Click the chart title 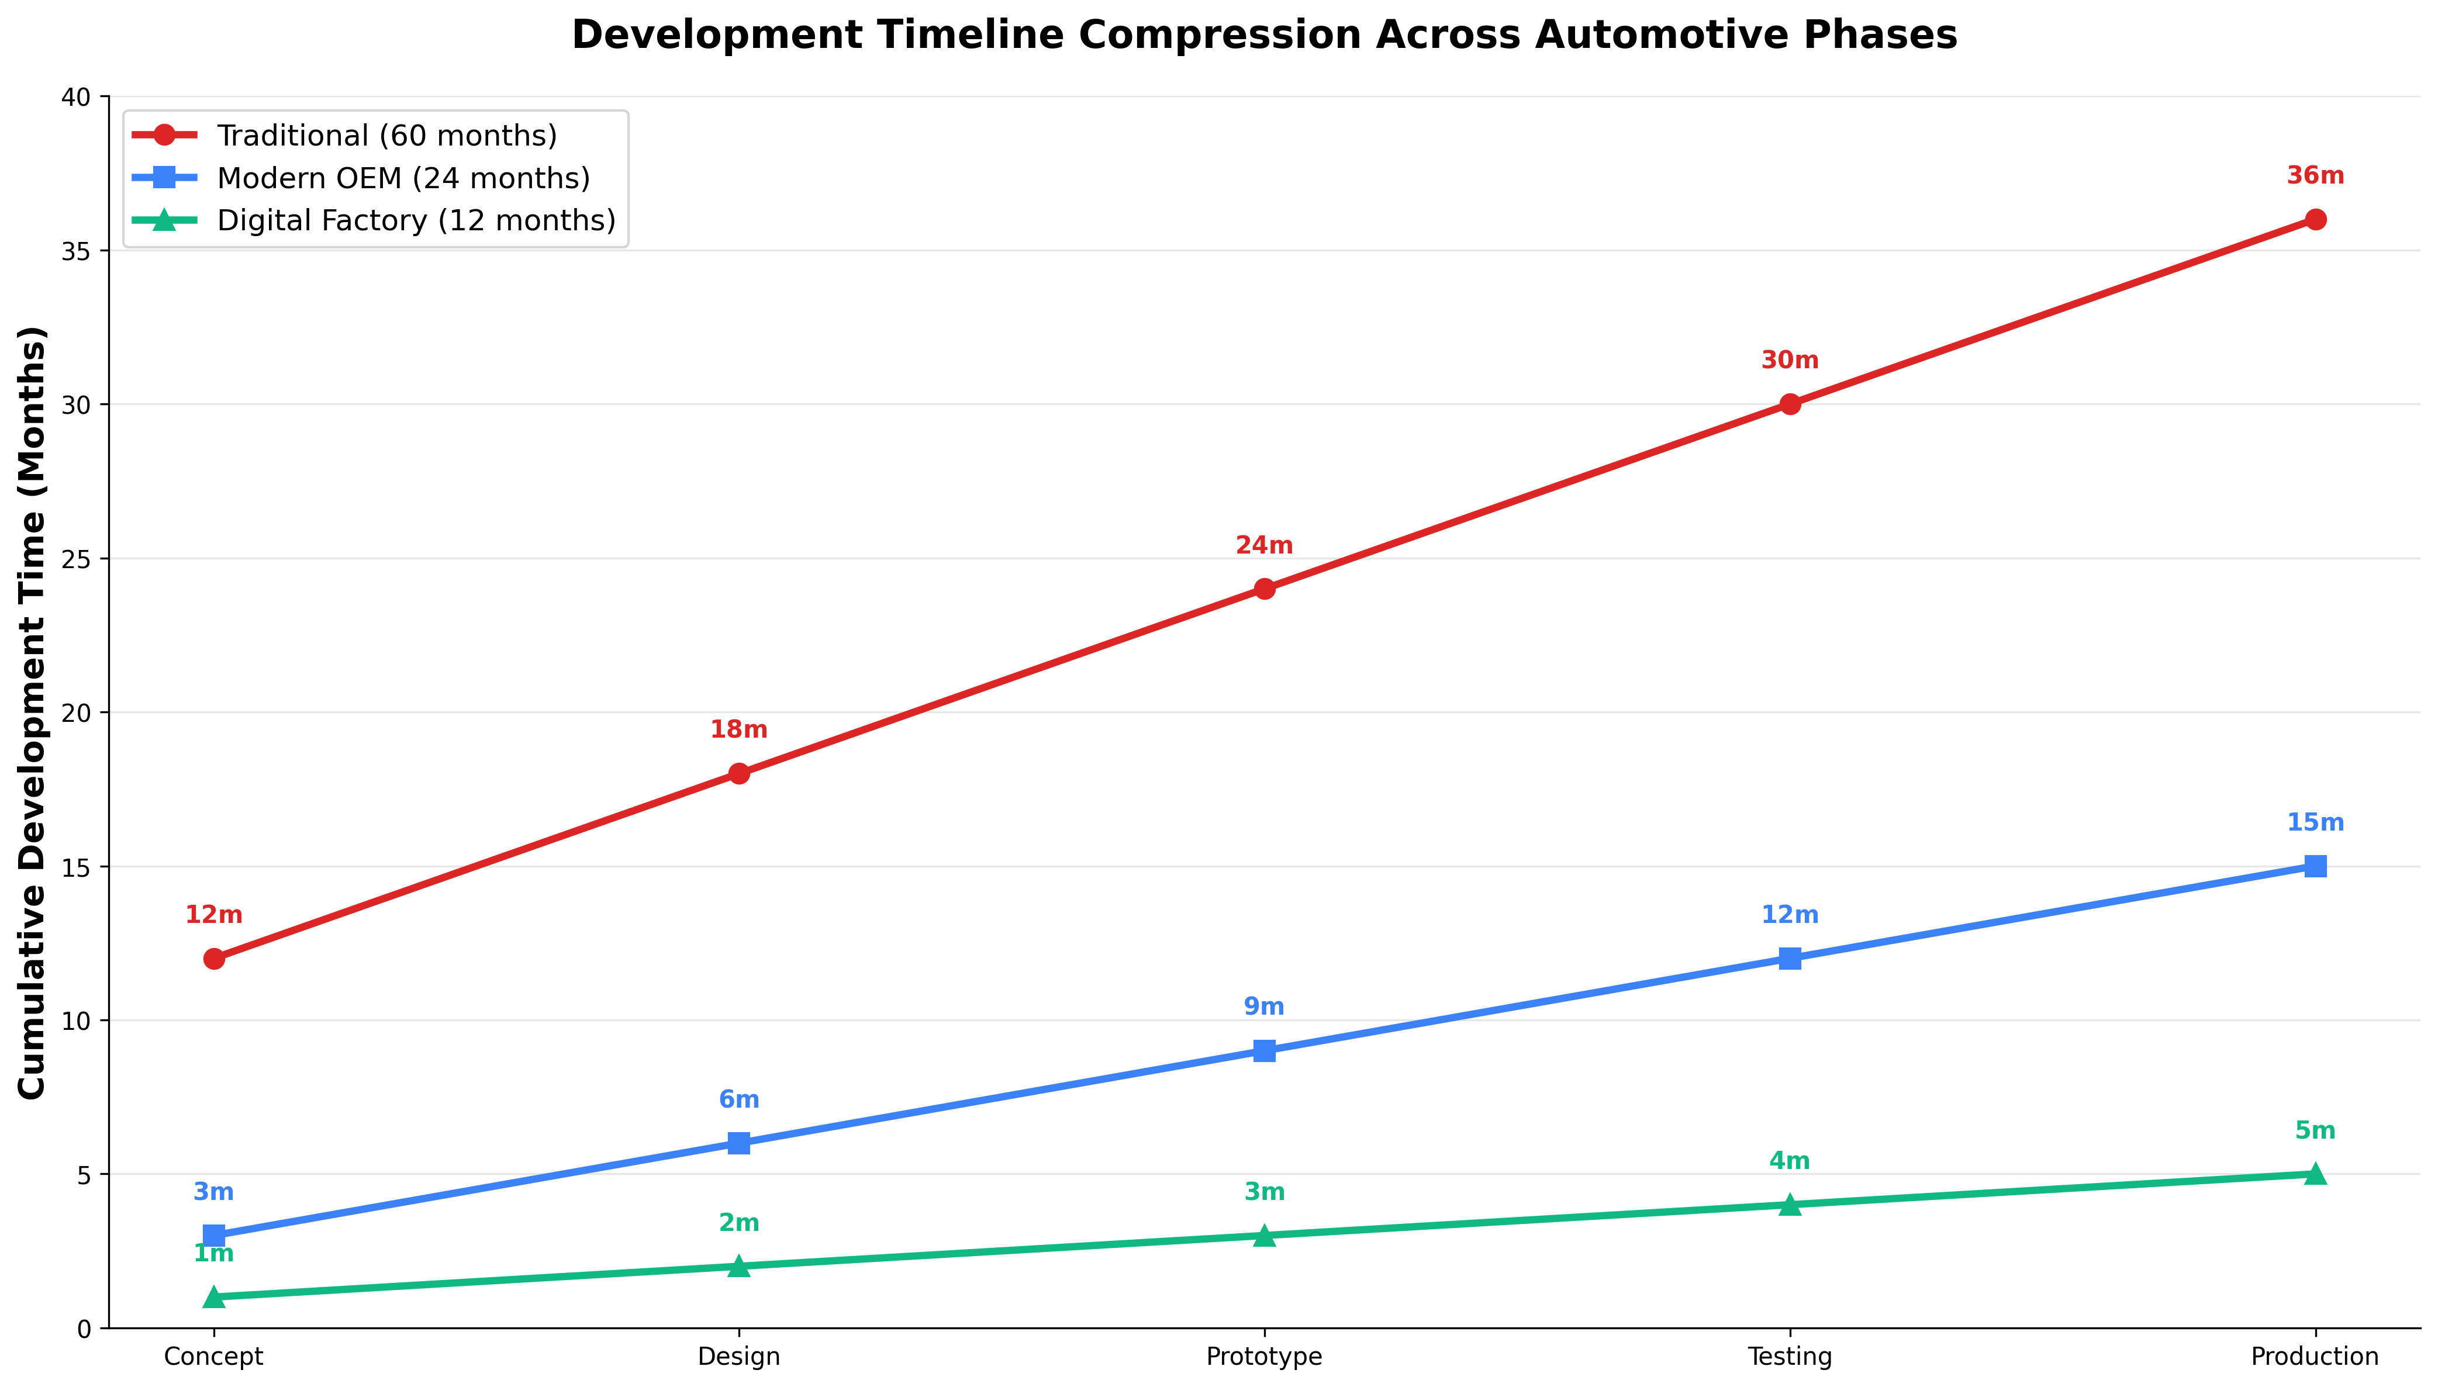(x=1264, y=35)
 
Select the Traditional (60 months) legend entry (x=386, y=135)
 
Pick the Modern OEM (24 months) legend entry (x=403, y=178)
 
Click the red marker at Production (x=2315, y=219)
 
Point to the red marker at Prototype (x=1264, y=589)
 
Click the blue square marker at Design (x=738, y=1143)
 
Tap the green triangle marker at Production (x=2315, y=1174)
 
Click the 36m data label (x=2315, y=177)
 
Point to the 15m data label (x=2315, y=823)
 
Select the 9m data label (x=1264, y=1007)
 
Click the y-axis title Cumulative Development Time (x=32, y=712)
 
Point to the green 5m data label (x=2315, y=1131)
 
